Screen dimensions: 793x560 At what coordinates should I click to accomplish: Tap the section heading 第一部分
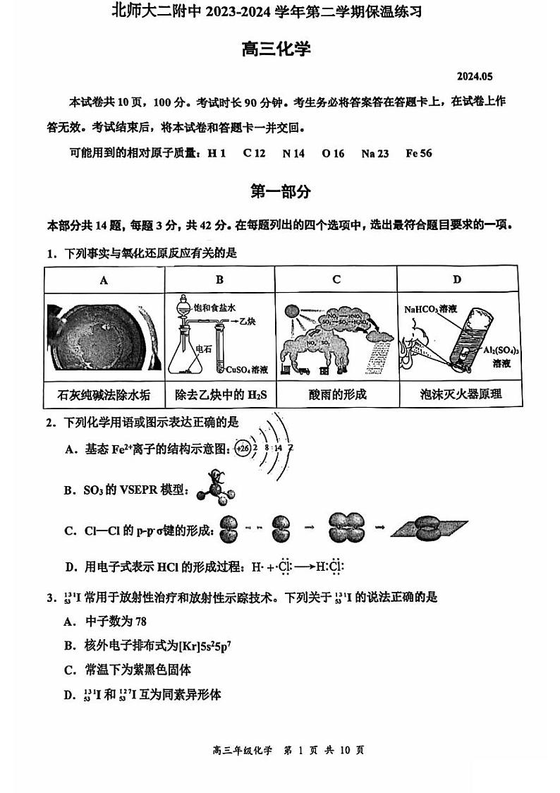click(280, 192)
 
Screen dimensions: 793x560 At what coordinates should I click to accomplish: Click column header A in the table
click(104, 280)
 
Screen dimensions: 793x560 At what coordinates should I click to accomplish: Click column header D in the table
click(457, 280)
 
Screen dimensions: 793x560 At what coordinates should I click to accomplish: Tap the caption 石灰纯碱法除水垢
click(104, 394)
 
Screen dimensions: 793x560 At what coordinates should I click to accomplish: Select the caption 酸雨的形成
click(336, 394)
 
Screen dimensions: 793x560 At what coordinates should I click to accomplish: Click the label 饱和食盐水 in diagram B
click(214, 308)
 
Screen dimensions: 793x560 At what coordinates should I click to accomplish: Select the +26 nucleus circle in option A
click(243, 449)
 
